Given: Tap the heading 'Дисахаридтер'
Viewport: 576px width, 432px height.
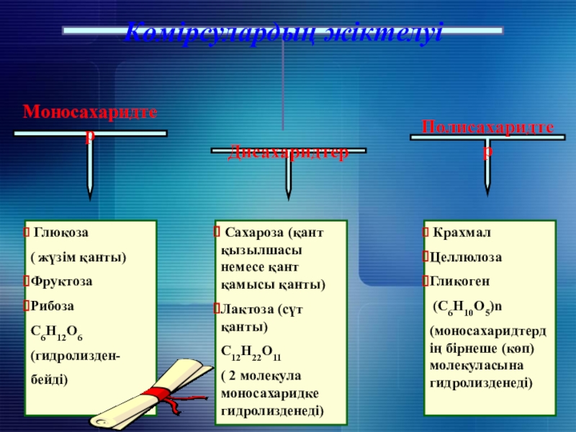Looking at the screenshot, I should [x=288, y=152].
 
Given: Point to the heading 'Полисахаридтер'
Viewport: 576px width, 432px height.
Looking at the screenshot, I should [x=487, y=129].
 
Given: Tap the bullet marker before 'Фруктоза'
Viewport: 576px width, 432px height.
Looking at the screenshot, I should [x=26, y=281].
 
